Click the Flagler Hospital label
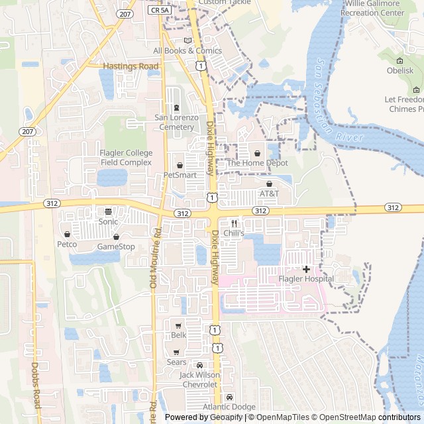(x=305, y=279)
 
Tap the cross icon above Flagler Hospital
(x=306, y=269)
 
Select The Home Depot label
(x=257, y=163)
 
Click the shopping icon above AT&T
(x=269, y=184)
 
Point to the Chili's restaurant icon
(x=234, y=224)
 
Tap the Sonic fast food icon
(x=108, y=212)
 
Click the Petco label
(x=67, y=244)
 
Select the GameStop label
(x=116, y=246)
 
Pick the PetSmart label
(x=180, y=175)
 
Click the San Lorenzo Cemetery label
(x=176, y=122)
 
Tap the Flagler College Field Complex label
(x=126, y=158)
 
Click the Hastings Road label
(x=131, y=66)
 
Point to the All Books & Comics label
(x=187, y=50)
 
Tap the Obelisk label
(x=400, y=70)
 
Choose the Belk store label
(x=179, y=335)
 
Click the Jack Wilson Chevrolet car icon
(x=199, y=365)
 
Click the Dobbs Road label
(x=36, y=385)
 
